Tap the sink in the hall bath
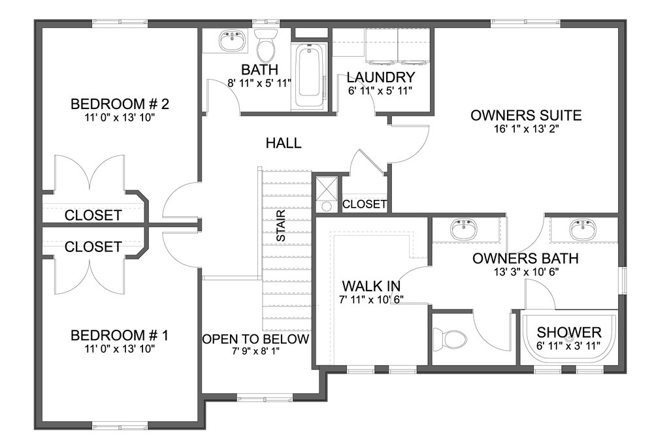pyautogui.click(x=233, y=40)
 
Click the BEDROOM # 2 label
pyautogui.click(x=120, y=104)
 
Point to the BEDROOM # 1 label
pyautogui.click(x=120, y=335)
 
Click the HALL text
pyautogui.click(x=284, y=143)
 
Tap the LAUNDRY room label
pyautogui.click(x=381, y=77)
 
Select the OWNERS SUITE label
pyautogui.click(x=526, y=115)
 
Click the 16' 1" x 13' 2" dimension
pyautogui.click(x=527, y=129)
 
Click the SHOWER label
pyautogui.click(x=569, y=332)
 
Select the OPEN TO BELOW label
pyautogui.click(x=255, y=339)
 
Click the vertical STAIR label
pyautogui.click(x=281, y=226)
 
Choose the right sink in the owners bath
pyautogui.click(x=583, y=229)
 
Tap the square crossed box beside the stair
pyautogui.click(x=327, y=187)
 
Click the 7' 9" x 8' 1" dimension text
pyautogui.click(x=255, y=351)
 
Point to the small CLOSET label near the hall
pyautogui.click(x=365, y=204)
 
